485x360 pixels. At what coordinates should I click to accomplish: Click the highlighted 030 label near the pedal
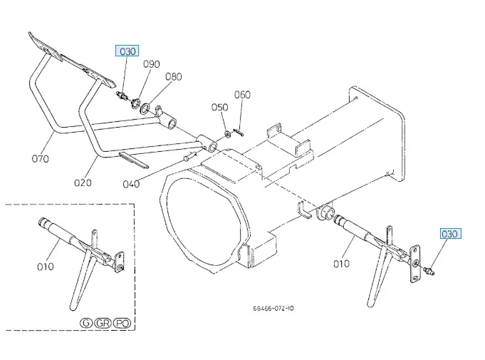[x=127, y=51]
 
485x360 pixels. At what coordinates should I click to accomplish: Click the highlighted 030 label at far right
[x=450, y=233]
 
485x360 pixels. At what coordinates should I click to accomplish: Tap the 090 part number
[x=151, y=64]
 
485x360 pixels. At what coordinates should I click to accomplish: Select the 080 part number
[x=174, y=76]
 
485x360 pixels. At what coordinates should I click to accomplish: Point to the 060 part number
[x=242, y=94]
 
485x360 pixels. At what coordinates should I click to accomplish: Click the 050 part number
[x=219, y=107]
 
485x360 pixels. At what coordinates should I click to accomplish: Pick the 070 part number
[x=41, y=158]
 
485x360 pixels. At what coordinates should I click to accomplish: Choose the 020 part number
[x=83, y=182]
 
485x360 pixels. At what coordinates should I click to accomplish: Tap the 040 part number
[x=131, y=184]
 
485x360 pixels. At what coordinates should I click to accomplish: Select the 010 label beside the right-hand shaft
[x=341, y=263]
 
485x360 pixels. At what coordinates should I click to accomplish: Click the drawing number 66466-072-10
[x=273, y=309]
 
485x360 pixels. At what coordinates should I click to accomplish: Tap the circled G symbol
[x=86, y=323]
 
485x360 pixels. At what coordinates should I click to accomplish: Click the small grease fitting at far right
[x=429, y=270]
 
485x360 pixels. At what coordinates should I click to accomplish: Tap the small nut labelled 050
[x=226, y=133]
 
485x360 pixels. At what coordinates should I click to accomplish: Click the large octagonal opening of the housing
[x=202, y=221]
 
